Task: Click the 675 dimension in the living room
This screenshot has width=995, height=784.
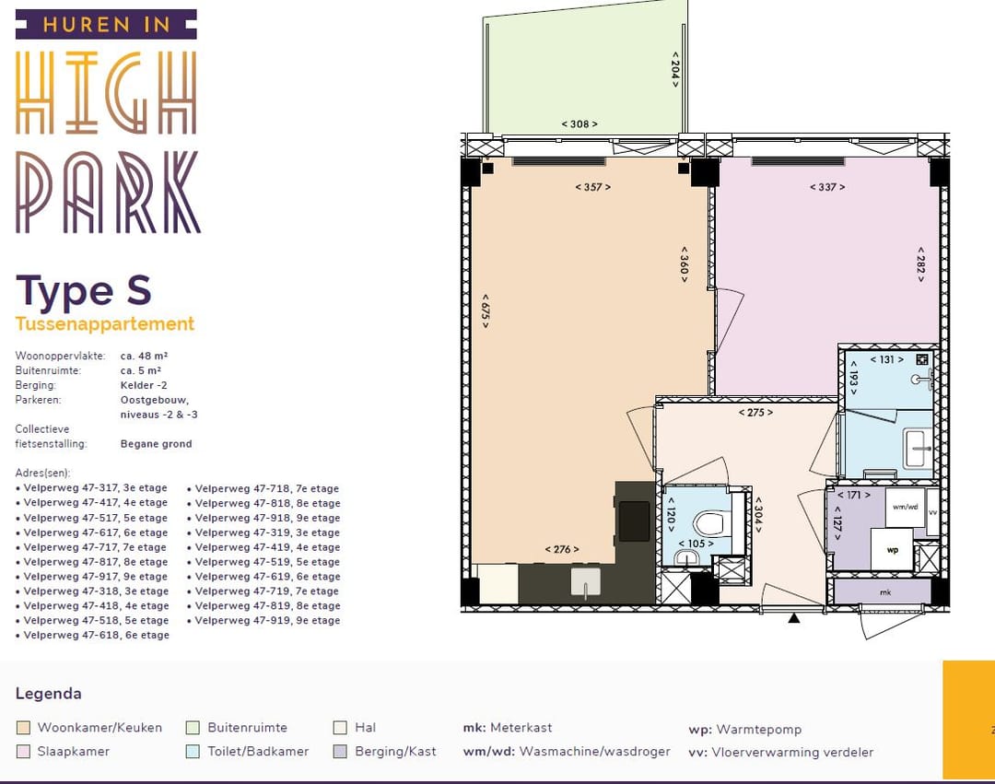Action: point(486,310)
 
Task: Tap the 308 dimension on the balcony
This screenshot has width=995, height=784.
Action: point(579,124)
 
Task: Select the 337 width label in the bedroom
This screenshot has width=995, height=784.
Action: point(827,187)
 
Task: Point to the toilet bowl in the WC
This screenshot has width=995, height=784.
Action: point(709,524)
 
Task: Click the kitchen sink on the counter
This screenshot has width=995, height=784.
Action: point(585,582)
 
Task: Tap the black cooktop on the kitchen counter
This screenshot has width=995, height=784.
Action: point(634,521)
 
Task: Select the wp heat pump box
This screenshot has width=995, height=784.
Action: point(892,550)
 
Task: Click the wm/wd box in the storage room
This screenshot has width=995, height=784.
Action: point(905,507)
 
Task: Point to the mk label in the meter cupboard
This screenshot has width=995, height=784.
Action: point(886,592)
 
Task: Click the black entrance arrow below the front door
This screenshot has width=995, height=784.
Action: point(794,618)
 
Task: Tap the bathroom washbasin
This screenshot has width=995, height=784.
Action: point(919,449)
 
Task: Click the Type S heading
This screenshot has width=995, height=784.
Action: point(84,292)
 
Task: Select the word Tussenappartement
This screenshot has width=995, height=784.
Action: point(105,323)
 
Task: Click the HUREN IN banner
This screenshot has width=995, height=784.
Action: point(106,25)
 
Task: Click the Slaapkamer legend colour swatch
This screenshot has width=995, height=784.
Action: point(23,752)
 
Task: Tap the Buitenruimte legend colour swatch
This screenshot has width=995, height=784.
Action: point(193,728)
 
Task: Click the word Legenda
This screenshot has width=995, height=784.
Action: point(48,694)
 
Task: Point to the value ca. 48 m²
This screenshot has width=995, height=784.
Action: point(144,356)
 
